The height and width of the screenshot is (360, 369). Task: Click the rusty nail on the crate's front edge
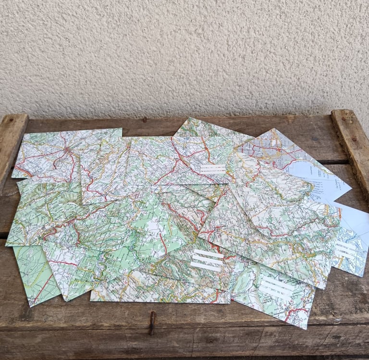point(152,322)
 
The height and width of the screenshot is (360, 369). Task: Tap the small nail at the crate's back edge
point(144,119)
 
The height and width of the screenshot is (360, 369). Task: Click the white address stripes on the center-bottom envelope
point(207,260)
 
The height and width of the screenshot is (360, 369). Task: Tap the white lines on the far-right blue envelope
point(346,249)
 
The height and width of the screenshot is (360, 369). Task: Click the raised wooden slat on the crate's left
point(11,144)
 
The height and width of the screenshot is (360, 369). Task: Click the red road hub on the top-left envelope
point(64,153)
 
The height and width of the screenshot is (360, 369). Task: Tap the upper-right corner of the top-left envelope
point(121,129)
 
